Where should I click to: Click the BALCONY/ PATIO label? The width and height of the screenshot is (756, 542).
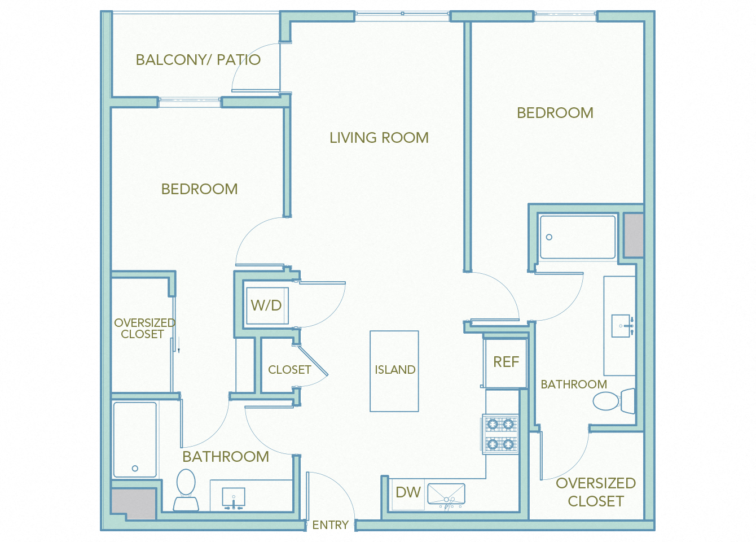198,60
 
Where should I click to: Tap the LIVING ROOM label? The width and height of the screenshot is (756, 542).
379,138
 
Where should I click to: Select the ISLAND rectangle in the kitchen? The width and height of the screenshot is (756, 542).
394,370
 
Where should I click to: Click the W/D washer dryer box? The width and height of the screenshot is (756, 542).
266,306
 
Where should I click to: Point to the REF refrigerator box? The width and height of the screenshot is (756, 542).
506,362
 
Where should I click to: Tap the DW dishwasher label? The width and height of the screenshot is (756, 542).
408,492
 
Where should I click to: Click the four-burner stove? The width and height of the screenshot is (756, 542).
500,434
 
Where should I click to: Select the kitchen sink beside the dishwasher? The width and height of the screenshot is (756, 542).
446,494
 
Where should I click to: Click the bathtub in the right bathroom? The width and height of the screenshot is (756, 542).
577,237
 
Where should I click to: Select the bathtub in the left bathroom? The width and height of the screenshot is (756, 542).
135,439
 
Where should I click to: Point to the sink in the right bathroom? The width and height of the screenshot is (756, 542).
622,326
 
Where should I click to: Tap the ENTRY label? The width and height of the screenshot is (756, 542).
330,525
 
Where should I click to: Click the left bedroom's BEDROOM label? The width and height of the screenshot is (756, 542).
199,189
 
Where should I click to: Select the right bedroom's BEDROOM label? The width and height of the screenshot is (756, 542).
555,113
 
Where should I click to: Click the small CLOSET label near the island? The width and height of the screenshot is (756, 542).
289,370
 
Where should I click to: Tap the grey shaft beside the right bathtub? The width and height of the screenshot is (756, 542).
633,235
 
